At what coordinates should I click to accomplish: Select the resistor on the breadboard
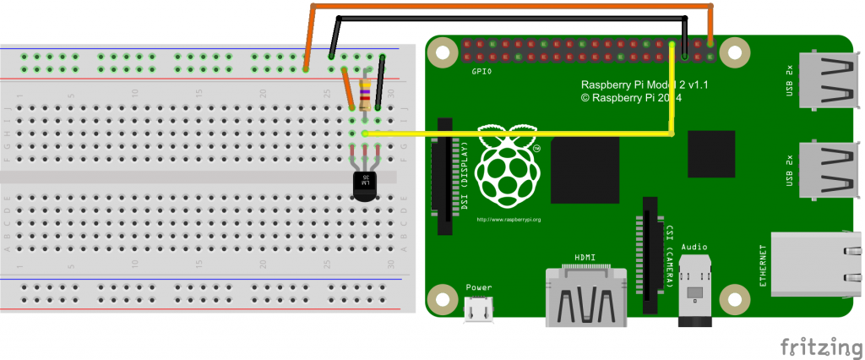[365, 95]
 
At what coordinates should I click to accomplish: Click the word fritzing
[815, 346]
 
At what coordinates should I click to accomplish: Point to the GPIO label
[482, 74]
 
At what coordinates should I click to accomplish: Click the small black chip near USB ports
[711, 155]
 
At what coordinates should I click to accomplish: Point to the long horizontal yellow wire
[515, 134]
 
